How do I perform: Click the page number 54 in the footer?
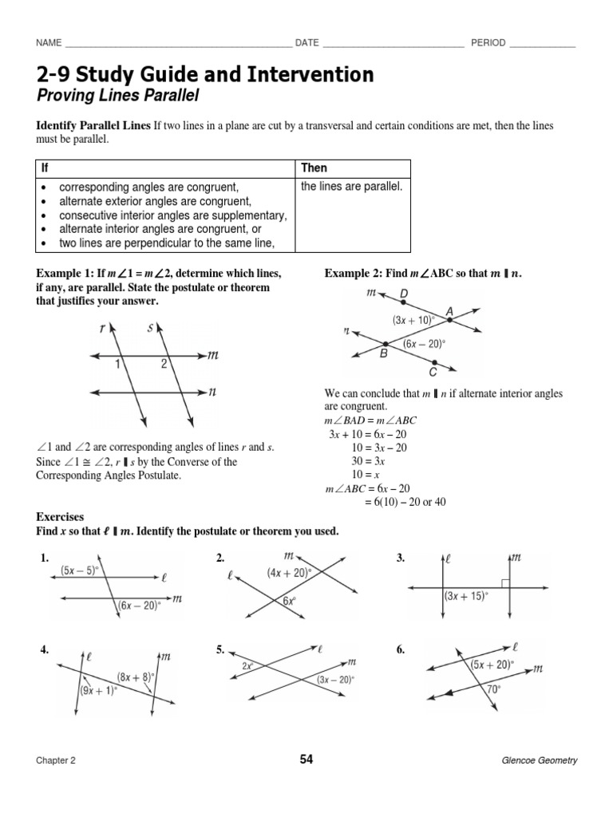point(306,760)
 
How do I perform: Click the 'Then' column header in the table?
point(314,168)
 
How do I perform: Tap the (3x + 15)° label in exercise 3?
point(465,596)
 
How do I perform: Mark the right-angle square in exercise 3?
point(507,582)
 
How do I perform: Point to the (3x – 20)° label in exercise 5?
point(334,680)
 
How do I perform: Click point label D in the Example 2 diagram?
point(404,294)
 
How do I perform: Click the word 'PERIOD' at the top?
point(488,42)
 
